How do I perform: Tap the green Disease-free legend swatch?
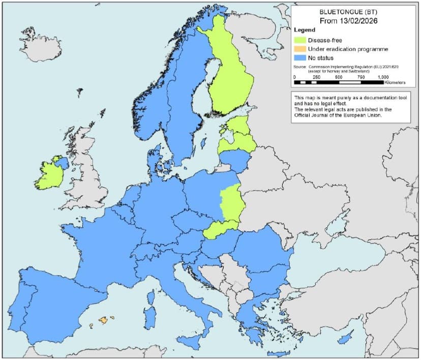tap(302, 40)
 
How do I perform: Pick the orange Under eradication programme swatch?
tap(302, 49)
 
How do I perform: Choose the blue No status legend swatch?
tap(302, 58)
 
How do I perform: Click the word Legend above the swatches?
tap(305, 30)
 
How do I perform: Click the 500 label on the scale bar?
tap(339, 76)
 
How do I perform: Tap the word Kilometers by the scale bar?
tap(395, 82)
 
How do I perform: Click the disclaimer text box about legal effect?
tap(350, 106)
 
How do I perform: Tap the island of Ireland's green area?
tap(48, 176)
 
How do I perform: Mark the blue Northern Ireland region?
tap(63, 163)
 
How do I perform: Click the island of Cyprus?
tap(346, 338)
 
